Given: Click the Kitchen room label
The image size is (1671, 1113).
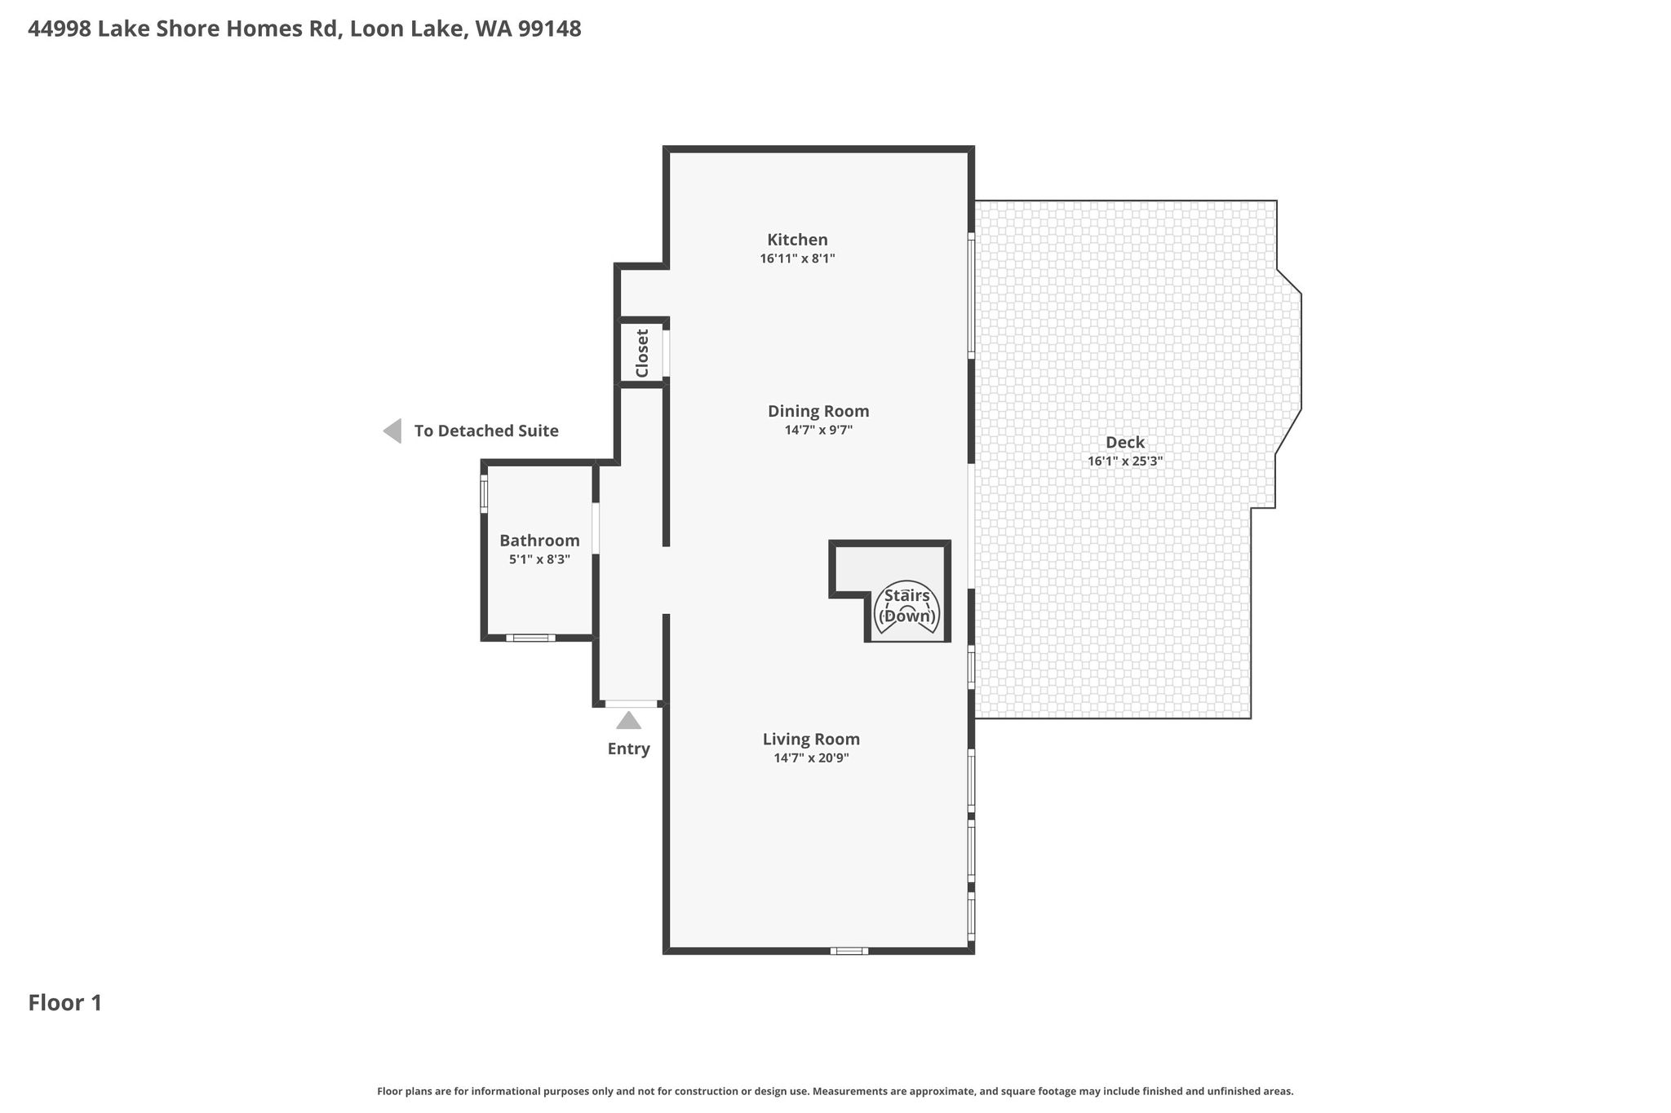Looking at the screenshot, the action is tap(797, 240).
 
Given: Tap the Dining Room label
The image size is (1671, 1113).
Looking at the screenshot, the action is tap(818, 411).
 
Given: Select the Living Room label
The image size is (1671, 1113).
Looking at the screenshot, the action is tap(811, 740).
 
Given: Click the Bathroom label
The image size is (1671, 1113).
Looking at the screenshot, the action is tap(539, 541).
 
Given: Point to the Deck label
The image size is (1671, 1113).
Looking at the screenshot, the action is tap(1125, 443).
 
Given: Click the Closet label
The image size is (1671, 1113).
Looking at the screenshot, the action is tap(642, 353).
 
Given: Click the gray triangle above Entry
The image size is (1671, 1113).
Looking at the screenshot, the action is tap(628, 721).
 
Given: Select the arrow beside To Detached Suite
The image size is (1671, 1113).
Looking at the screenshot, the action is tap(392, 431).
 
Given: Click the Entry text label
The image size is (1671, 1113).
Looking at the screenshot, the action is tap(628, 749).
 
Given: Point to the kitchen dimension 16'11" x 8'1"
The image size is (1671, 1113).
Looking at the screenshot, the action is tap(797, 258).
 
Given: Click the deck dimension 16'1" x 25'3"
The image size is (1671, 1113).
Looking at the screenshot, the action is tap(1125, 461).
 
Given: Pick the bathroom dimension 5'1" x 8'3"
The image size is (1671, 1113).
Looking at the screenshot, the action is tap(539, 559).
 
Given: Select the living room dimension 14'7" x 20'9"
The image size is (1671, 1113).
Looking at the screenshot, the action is tap(812, 757).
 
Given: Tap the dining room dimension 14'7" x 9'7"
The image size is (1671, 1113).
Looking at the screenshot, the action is tap(818, 430).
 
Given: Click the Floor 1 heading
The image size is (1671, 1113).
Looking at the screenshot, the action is tap(65, 1003).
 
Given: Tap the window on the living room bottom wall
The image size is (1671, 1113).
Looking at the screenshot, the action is tap(849, 951).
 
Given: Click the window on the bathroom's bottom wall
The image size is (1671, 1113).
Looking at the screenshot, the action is tap(530, 638).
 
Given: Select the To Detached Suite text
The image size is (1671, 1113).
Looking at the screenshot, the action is tap(486, 431).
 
